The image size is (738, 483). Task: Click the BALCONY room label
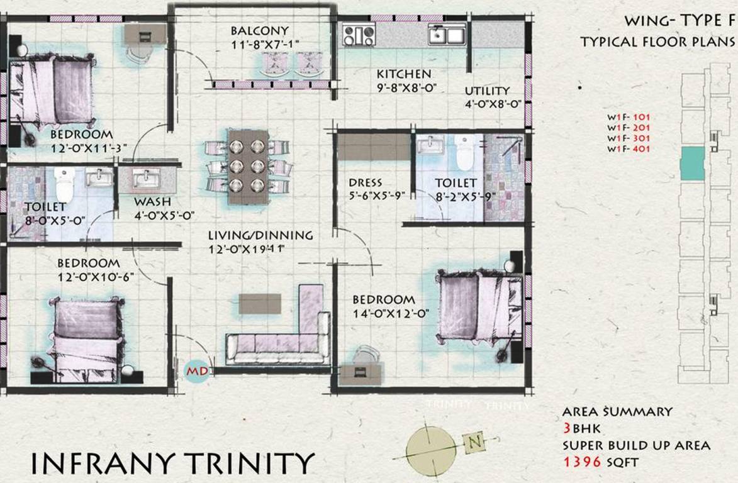[259, 31]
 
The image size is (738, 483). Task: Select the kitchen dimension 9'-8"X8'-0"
[403, 89]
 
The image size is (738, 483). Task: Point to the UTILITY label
[487, 91]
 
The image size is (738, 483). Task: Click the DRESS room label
[366, 183]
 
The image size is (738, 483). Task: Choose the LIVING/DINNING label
[260, 236]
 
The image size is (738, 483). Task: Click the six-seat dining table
[247, 167]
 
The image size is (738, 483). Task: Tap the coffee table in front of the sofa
[260, 303]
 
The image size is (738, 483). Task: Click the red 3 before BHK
[568, 428]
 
